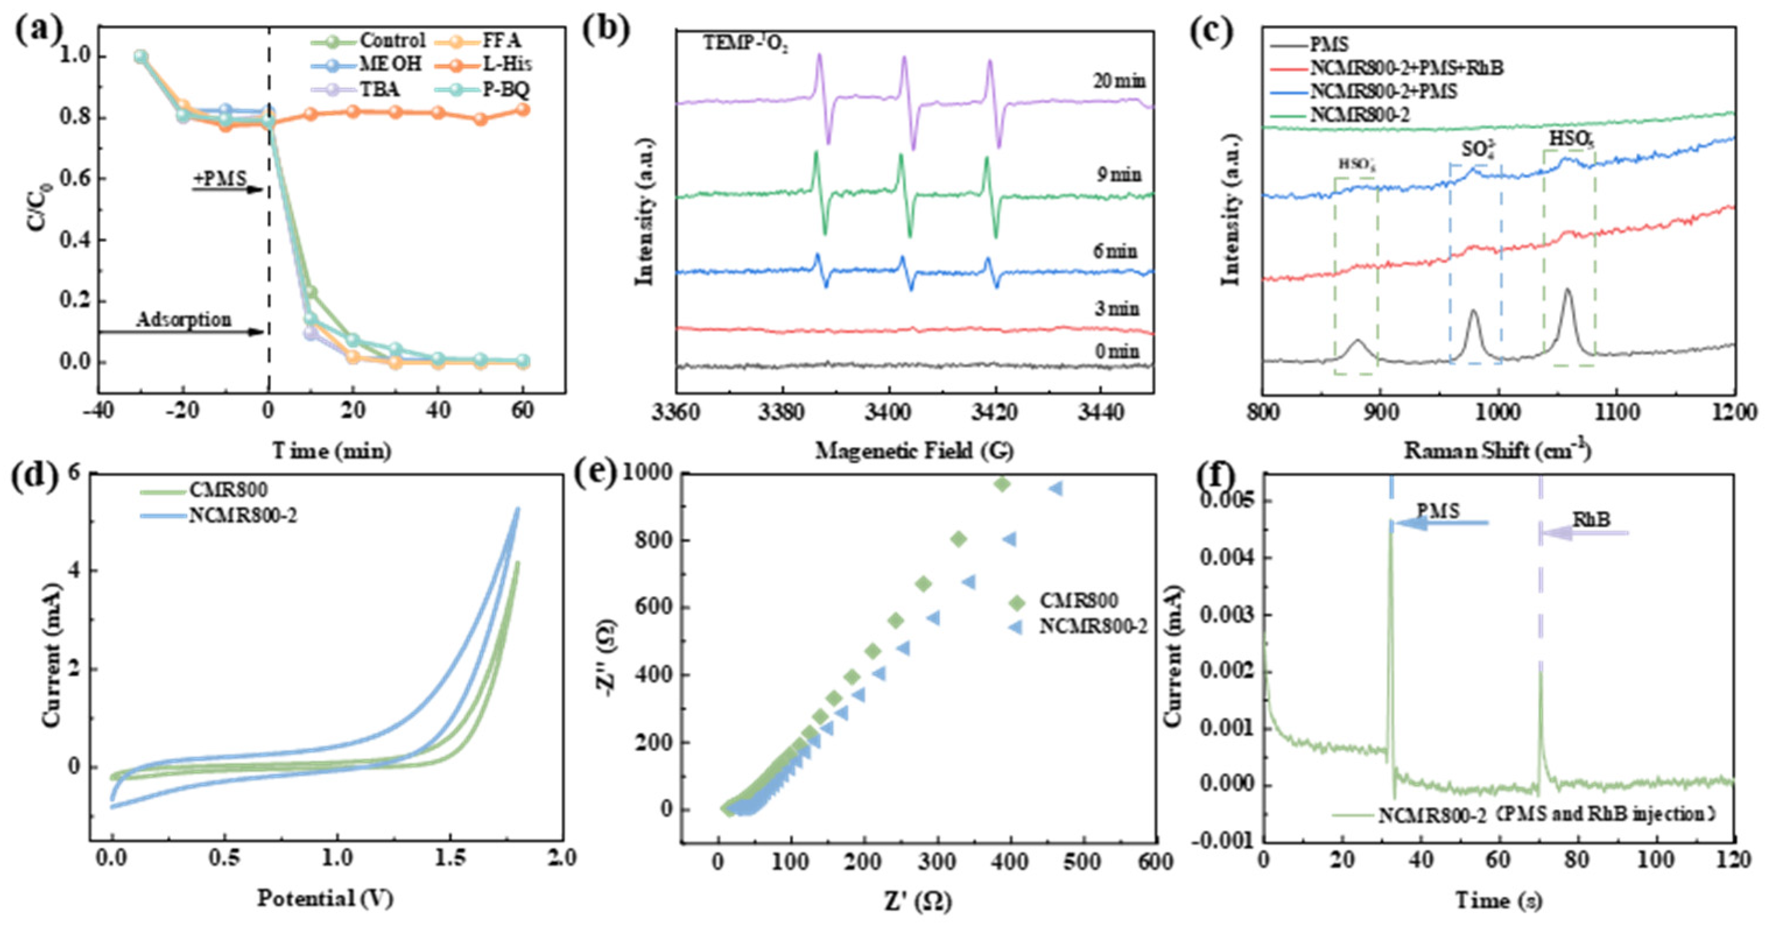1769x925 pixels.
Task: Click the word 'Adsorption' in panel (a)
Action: [184, 320]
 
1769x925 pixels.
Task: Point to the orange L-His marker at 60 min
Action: [523, 109]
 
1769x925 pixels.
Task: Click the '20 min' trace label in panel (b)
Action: [1119, 81]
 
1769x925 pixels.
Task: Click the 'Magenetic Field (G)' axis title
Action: [914, 451]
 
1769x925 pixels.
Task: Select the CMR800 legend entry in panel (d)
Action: [227, 490]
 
